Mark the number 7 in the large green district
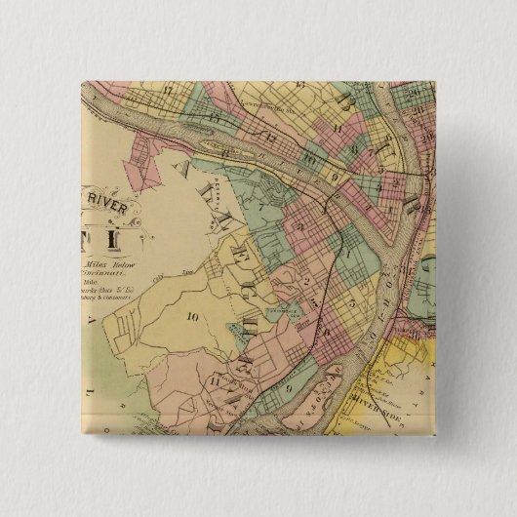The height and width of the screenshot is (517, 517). tap(260, 206)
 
